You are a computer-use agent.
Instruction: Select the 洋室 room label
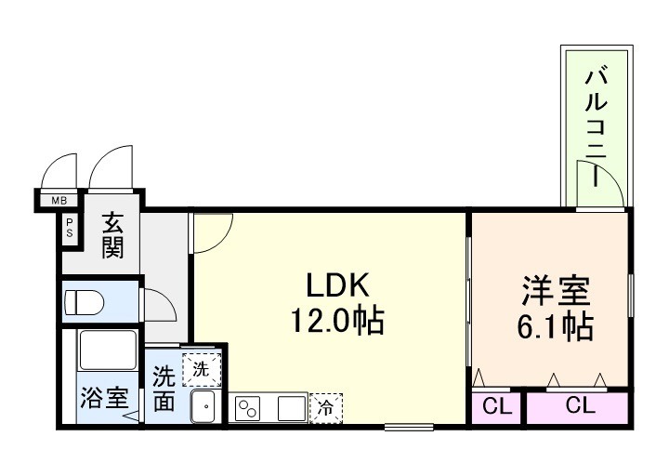tap(554, 291)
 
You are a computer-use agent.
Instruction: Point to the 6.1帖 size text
tap(554, 326)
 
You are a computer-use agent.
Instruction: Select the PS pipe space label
tap(70, 229)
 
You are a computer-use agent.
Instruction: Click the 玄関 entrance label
tap(112, 237)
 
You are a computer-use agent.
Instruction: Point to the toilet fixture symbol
tap(85, 302)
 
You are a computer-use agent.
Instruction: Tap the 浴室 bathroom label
tap(102, 399)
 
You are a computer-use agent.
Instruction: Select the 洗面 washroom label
tap(164, 389)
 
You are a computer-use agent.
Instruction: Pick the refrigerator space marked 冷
tap(326, 407)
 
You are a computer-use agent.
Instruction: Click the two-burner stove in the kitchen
tap(249, 407)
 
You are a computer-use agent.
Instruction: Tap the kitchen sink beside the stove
tap(290, 407)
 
